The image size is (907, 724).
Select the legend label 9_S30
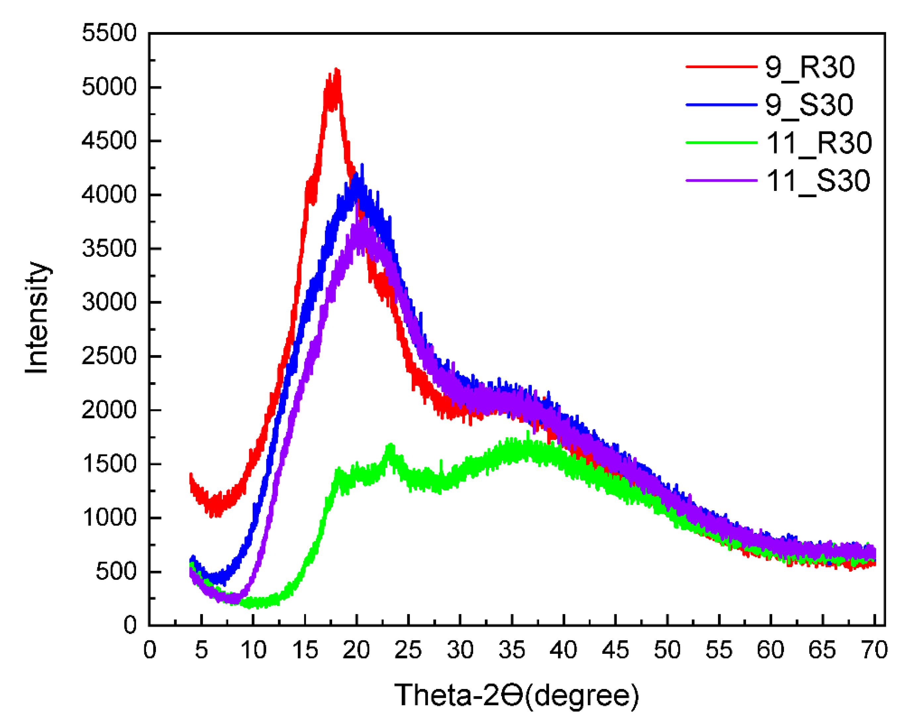[x=809, y=105]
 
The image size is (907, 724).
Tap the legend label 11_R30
[x=819, y=143]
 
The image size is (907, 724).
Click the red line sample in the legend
[x=721, y=67]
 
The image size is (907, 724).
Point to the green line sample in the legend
[x=721, y=143]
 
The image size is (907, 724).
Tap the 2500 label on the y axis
[x=109, y=356]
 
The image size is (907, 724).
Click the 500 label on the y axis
[x=116, y=572]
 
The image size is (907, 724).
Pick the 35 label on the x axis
[x=512, y=650]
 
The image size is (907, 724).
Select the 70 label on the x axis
[x=875, y=650]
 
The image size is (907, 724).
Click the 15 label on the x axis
[x=305, y=650]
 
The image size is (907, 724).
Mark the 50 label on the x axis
[x=667, y=650]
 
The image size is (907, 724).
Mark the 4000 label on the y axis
[x=109, y=195]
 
